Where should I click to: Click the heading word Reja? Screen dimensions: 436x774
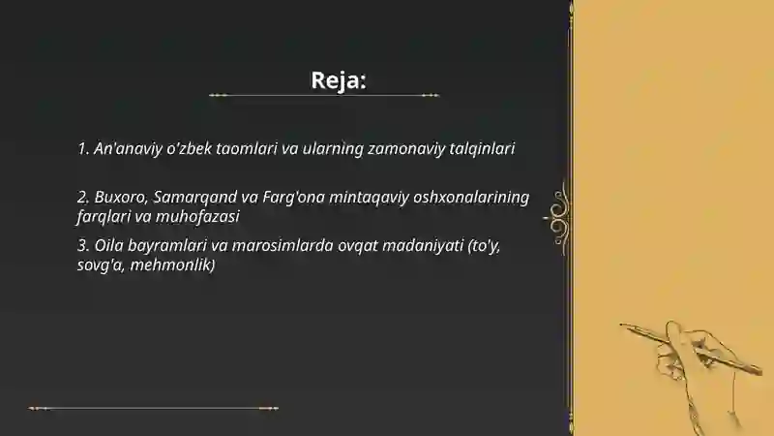pos(338,79)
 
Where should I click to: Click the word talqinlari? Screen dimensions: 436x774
pos(482,149)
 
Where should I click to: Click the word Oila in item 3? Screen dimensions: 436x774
pos(107,245)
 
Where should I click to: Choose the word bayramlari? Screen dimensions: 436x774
pos(165,245)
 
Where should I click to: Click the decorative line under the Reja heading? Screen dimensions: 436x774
pos(324,95)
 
